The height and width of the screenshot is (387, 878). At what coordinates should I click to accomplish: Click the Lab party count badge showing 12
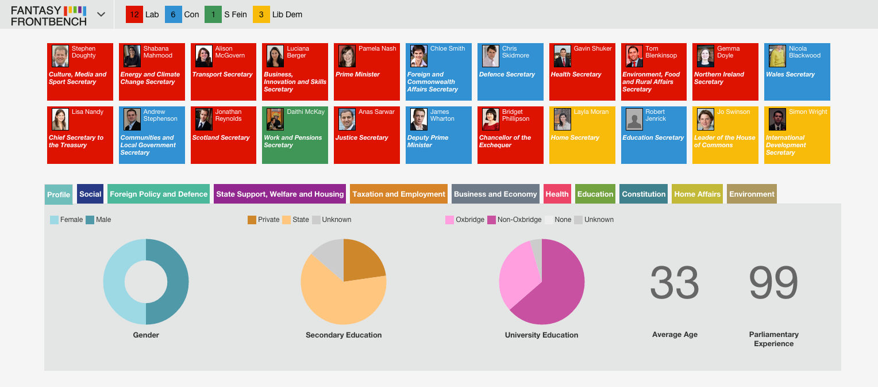point(134,14)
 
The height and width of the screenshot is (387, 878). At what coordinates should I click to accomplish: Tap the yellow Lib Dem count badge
point(261,14)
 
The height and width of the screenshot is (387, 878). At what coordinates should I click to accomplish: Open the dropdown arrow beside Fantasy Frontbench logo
point(101,14)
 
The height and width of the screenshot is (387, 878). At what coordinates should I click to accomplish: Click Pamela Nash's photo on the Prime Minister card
point(347,56)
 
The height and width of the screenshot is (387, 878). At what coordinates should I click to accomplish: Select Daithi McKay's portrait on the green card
point(275,119)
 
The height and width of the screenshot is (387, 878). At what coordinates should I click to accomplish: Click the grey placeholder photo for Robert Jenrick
point(634,119)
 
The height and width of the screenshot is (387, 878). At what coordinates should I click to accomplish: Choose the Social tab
point(90,194)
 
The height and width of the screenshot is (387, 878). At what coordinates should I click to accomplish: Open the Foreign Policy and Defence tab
point(159,194)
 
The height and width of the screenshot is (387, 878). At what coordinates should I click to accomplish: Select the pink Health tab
point(557,194)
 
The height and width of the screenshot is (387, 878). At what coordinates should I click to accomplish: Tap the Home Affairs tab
point(697,194)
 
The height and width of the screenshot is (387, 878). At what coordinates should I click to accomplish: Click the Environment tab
point(752,194)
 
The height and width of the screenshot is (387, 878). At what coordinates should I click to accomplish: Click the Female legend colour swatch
point(54,220)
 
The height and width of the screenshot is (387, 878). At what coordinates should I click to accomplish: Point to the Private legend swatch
point(252,220)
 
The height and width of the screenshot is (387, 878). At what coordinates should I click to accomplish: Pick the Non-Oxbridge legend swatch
point(491,220)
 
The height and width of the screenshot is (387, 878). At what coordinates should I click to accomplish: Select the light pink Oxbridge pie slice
point(517,274)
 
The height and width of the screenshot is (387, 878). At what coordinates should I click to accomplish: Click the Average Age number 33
point(675,282)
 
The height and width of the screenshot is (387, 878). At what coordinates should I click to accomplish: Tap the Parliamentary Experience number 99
point(773,282)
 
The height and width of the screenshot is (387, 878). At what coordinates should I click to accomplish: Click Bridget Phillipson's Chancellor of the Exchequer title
point(505,141)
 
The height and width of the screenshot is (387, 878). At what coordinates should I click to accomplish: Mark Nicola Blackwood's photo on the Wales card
point(777,56)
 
